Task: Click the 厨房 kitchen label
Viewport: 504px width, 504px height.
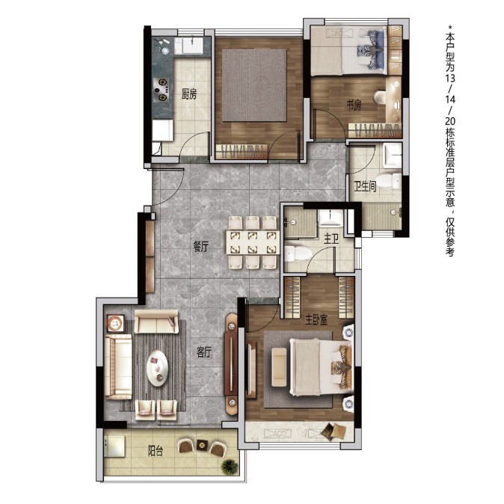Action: (189, 94)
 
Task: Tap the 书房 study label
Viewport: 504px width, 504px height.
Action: (354, 105)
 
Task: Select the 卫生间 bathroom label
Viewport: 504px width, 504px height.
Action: (365, 185)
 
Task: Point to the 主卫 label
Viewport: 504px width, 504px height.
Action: (331, 239)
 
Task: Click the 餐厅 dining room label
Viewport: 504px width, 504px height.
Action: (200, 247)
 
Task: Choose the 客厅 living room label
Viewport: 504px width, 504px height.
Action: (204, 353)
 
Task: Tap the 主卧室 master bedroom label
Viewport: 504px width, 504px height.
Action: (316, 319)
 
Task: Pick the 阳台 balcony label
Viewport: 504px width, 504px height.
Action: (156, 451)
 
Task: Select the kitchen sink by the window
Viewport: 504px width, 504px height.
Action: (188, 46)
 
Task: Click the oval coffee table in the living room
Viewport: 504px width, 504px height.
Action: (157, 367)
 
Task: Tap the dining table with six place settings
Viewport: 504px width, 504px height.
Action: (253, 242)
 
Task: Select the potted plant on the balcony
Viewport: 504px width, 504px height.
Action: (230, 465)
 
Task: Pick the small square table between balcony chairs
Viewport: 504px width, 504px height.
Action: (202, 446)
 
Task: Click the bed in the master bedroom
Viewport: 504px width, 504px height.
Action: (321, 367)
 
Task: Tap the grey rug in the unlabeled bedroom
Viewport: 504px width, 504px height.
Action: (254, 85)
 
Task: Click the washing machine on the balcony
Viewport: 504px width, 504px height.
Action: (114, 446)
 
